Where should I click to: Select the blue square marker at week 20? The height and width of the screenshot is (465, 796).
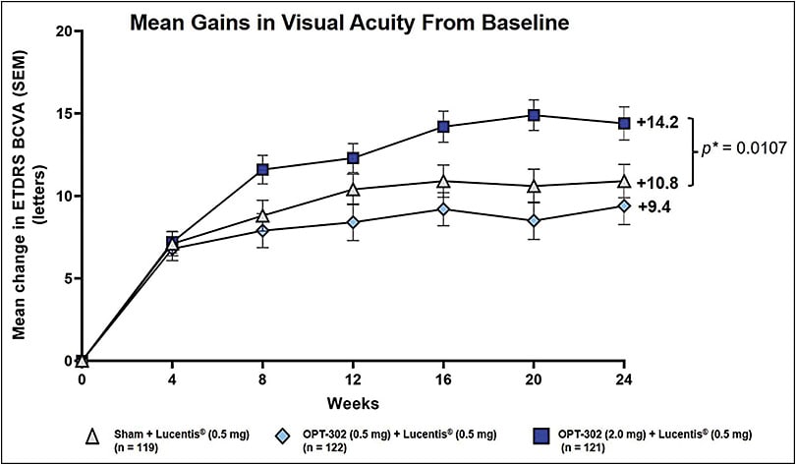pyautogui.click(x=535, y=115)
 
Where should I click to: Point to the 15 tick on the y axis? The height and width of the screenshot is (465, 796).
pyautogui.click(x=66, y=113)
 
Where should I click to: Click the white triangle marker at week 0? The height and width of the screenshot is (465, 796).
pyautogui.click(x=83, y=361)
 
